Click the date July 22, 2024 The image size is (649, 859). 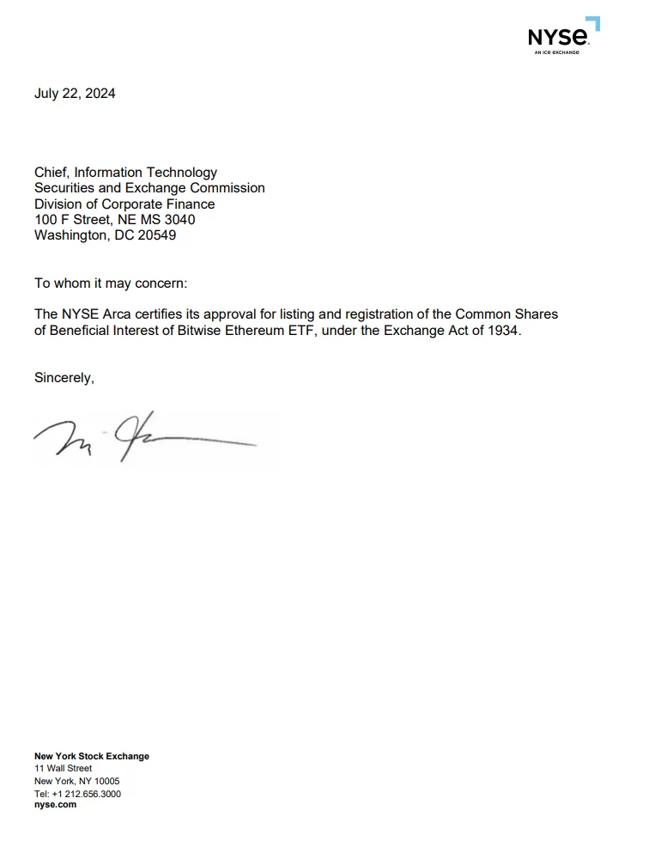75,94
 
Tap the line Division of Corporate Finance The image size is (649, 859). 124,204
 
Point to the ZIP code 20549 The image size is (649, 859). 156,235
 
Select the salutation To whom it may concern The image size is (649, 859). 110,283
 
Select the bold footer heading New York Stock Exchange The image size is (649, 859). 92,756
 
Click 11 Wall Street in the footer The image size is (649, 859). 63,768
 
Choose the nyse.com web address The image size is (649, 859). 55,805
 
